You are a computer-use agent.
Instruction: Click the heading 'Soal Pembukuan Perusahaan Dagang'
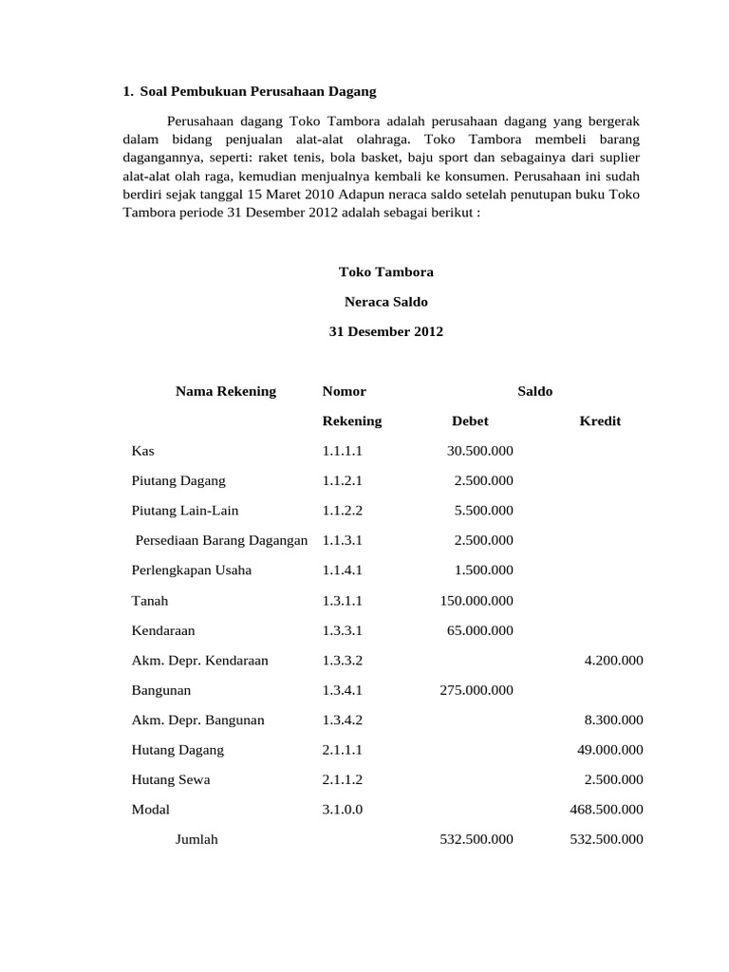coord(257,91)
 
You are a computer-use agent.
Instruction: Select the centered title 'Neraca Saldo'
coord(385,302)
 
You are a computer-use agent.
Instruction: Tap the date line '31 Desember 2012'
coord(385,332)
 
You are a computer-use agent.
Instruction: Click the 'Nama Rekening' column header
coord(226,391)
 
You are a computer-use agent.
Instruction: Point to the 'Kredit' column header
coord(600,421)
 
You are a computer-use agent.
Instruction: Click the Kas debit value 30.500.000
coord(479,451)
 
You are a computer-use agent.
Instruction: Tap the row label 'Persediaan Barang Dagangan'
coord(222,540)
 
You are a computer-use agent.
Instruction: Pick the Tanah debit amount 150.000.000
coord(476,601)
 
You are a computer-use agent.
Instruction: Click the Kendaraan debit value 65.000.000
coord(479,630)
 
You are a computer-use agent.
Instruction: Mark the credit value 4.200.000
coord(613,661)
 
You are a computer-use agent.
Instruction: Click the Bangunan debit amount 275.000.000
coord(476,690)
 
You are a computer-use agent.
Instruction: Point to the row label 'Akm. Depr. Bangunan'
coord(198,720)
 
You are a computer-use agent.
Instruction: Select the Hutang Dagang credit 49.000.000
coord(609,750)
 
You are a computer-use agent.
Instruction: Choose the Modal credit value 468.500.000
coord(606,810)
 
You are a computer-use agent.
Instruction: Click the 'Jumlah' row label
coord(196,839)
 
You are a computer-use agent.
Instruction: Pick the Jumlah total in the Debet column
coord(476,839)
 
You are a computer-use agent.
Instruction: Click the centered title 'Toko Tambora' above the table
coord(385,271)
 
